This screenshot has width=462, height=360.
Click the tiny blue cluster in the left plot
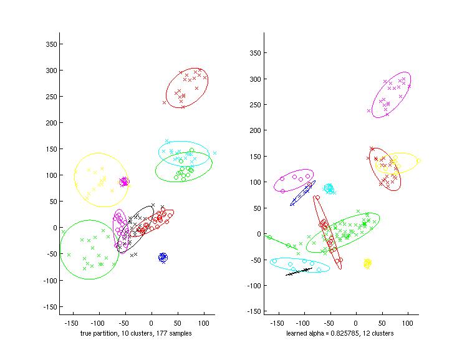(x=163, y=257)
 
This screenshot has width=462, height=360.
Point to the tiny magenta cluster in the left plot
(x=124, y=182)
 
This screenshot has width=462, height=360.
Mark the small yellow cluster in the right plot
(x=368, y=263)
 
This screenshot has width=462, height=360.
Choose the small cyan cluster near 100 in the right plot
(x=329, y=188)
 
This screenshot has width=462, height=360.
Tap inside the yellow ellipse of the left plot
(x=101, y=180)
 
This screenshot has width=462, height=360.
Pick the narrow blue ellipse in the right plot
(x=302, y=193)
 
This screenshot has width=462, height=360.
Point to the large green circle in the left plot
(x=89, y=250)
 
